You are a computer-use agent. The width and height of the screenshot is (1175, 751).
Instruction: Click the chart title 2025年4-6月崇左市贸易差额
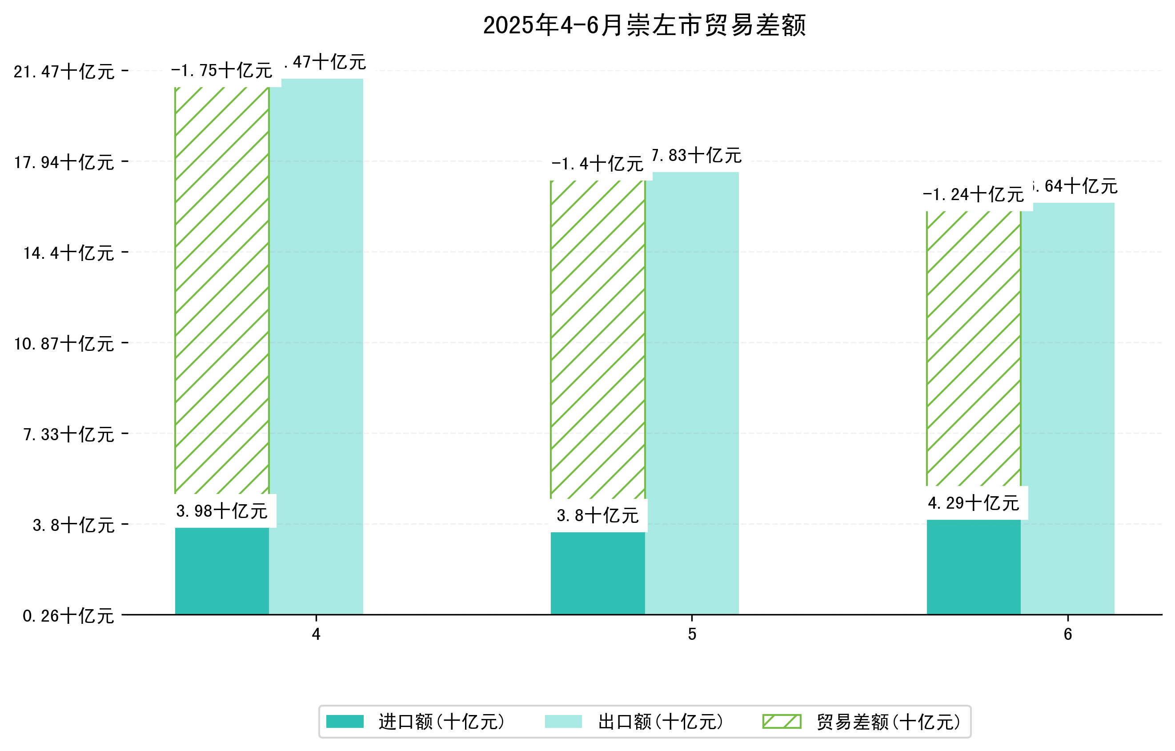coord(644,25)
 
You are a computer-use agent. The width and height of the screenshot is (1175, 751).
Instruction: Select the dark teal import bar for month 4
coord(221,570)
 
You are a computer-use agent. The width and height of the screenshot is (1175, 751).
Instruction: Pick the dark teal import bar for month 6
coord(974,566)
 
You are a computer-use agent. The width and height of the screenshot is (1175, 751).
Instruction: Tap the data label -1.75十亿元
coord(221,71)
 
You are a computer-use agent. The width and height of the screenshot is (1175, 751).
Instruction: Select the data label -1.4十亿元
coord(597,164)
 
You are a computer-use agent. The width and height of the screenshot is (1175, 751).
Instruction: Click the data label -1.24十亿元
coord(973,195)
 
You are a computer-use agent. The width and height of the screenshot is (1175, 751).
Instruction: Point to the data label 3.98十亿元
coord(221,511)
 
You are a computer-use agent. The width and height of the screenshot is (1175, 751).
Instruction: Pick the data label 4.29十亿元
coord(973,502)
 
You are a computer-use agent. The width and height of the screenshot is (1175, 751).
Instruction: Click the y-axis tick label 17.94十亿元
coord(64,162)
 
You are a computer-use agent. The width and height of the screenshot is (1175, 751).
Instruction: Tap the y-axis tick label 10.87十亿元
coord(64,344)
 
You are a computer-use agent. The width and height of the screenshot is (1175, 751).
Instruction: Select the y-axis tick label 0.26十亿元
coord(68,616)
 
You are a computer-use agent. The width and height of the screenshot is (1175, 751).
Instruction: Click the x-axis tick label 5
coord(692,635)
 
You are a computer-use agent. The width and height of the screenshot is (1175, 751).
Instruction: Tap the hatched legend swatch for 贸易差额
coord(782,722)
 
